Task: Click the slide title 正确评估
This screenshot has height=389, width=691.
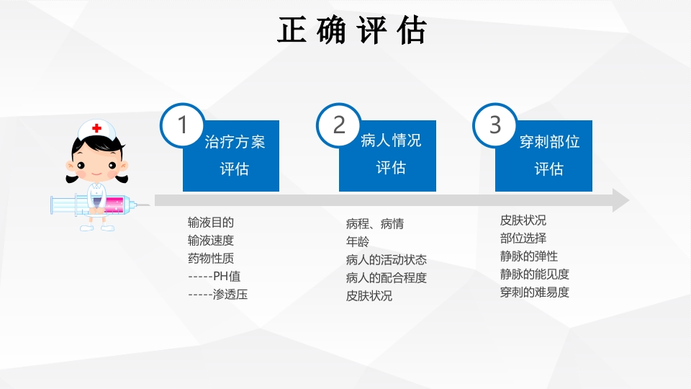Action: (x=352, y=31)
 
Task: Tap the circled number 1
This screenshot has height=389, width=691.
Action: (x=182, y=125)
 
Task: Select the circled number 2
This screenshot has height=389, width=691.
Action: (x=339, y=125)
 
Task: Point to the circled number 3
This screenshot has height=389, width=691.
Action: (x=495, y=125)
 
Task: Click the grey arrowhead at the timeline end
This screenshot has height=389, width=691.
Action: (x=620, y=201)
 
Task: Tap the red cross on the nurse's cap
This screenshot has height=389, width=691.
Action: (x=97, y=128)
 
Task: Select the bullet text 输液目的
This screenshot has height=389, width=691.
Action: (x=211, y=223)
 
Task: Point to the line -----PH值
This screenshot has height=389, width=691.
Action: (x=214, y=276)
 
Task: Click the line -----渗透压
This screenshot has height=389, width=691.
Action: (x=217, y=294)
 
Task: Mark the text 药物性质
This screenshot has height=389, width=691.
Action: (x=211, y=258)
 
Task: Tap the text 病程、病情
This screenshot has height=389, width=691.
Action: (x=375, y=224)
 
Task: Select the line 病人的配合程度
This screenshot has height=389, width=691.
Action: (x=387, y=277)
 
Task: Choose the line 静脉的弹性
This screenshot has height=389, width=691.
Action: (x=529, y=256)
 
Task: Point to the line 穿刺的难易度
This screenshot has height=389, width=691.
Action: (x=535, y=292)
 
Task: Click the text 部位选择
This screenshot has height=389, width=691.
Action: (x=523, y=238)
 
